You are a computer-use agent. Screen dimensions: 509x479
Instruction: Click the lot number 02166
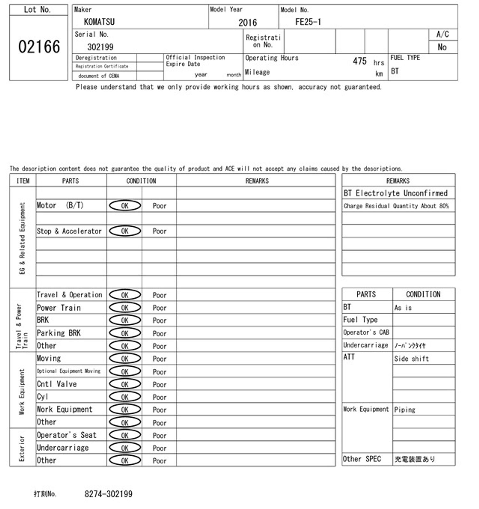(x=39, y=47)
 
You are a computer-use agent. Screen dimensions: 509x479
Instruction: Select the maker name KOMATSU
(x=99, y=22)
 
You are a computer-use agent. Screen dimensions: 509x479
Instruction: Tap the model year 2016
(x=247, y=22)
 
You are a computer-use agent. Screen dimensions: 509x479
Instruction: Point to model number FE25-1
(x=308, y=22)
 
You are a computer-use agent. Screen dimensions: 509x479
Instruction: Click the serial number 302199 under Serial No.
(x=100, y=47)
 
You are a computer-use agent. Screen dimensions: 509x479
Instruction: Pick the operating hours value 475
(x=360, y=61)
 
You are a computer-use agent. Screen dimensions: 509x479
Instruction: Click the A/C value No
(x=442, y=47)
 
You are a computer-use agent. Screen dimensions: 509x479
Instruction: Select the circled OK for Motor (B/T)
(x=125, y=206)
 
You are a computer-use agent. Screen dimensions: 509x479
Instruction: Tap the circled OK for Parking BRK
(x=125, y=333)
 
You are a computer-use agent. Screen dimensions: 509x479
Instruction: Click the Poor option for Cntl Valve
(x=159, y=384)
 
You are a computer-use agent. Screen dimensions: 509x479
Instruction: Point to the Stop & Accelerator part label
(x=69, y=231)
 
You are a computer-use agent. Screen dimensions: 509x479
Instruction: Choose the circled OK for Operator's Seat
(x=125, y=435)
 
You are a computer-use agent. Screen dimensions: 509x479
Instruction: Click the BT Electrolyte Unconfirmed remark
(x=395, y=193)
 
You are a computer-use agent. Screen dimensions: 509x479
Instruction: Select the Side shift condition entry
(x=411, y=359)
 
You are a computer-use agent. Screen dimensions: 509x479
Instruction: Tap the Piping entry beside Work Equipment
(x=405, y=410)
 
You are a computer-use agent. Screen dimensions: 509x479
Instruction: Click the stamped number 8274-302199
(x=108, y=494)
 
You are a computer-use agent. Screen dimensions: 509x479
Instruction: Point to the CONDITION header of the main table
(x=141, y=181)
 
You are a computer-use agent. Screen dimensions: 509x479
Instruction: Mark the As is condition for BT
(x=403, y=308)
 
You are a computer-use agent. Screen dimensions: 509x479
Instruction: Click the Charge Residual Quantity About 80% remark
(x=396, y=206)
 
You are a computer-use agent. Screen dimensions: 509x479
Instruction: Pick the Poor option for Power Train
(x=159, y=308)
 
